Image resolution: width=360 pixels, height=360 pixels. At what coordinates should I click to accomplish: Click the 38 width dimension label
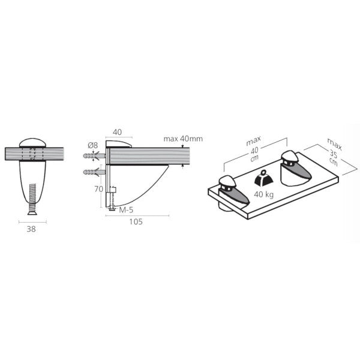(x=31, y=229)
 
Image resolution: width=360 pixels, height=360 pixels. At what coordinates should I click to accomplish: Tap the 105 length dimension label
(x=136, y=222)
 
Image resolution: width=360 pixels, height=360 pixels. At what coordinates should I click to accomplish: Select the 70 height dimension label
(x=99, y=189)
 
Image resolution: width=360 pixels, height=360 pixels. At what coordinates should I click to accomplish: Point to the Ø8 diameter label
(x=93, y=145)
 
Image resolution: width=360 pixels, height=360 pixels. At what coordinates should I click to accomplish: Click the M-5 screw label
(x=126, y=210)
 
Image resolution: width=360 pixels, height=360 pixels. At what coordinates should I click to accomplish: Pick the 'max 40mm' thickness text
(x=183, y=139)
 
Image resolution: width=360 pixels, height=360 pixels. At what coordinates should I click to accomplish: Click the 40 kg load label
(x=264, y=194)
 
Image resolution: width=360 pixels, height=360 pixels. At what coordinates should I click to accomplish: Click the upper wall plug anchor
(x=94, y=156)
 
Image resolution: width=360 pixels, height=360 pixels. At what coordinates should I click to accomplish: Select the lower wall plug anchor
(x=94, y=172)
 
